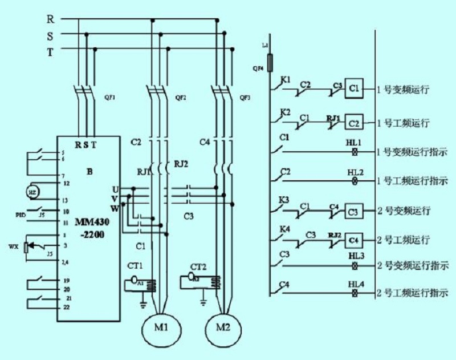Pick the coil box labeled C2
click(354, 122)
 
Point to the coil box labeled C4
click(354, 239)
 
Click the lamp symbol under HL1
click(356, 152)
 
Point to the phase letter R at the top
click(50, 19)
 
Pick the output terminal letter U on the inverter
click(115, 188)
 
